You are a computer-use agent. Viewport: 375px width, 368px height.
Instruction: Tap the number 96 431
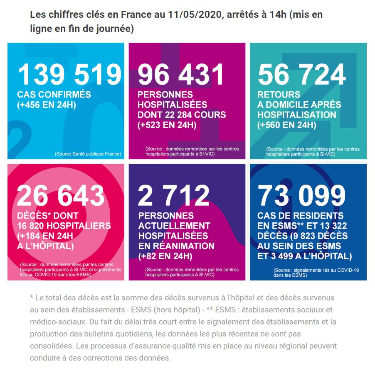pyautogui.click(x=181, y=75)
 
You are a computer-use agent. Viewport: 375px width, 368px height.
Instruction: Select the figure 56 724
pyautogui.click(x=302, y=75)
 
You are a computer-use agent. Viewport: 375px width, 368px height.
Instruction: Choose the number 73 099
pyautogui.click(x=302, y=196)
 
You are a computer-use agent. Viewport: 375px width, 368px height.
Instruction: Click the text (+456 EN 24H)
pyautogui.click(x=47, y=105)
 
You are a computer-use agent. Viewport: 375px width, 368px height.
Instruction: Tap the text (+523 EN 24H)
pyautogui.click(x=167, y=125)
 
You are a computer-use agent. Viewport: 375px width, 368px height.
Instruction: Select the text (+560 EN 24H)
pyautogui.click(x=287, y=125)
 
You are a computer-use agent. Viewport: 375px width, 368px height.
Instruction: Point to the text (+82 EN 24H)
pyautogui.click(x=165, y=256)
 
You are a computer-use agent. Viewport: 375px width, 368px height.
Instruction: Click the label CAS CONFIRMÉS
pyautogui.click(x=54, y=95)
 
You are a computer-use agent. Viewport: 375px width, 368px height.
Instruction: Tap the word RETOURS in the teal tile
pyautogui.click(x=279, y=95)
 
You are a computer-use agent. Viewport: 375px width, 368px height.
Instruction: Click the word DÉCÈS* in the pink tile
pyautogui.click(x=32, y=216)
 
